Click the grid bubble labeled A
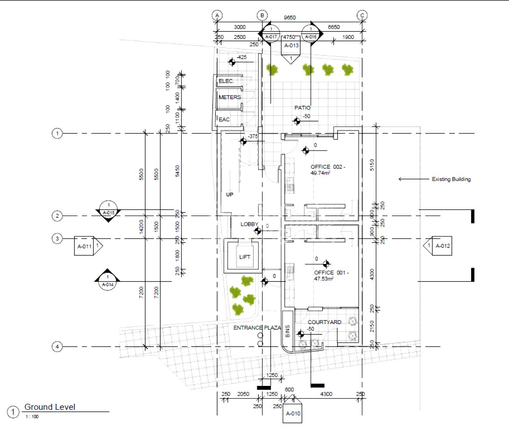(217, 15)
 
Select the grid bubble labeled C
(362, 15)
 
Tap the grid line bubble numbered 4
(57, 347)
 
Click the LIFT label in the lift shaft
(245, 257)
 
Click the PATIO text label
(302, 108)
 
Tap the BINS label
(288, 331)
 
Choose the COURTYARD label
(324, 322)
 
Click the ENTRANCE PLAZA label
(257, 328)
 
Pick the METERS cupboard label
(229, 97)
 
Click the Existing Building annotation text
(451, 179)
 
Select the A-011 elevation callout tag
(85, 246)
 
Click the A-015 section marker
(108, 210)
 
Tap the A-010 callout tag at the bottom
(293, 413)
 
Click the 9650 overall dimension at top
(289, 17)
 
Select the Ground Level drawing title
(50, 407)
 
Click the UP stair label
(229, 195)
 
